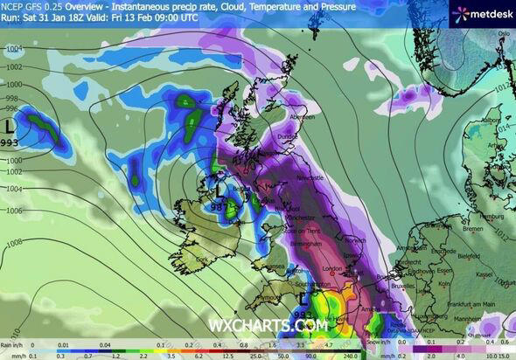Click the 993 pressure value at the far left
click(10, 141)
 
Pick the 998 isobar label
click(10, 98)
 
